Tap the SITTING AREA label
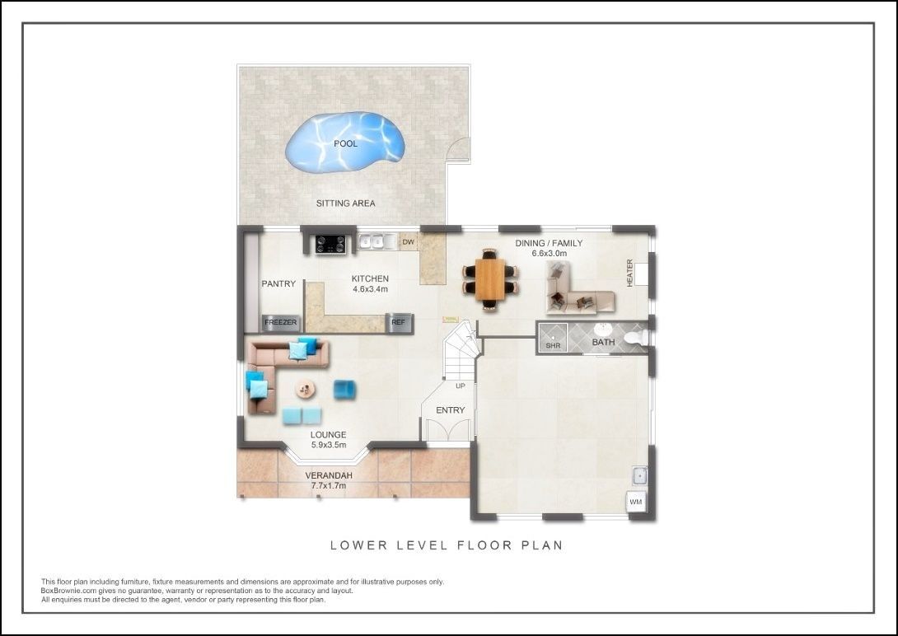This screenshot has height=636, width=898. (x=345, y=203)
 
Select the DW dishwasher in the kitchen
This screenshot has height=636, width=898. (x=407, y=242)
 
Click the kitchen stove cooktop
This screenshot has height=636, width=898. (x=330, y=243)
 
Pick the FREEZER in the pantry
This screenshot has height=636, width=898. (x=280, y=323)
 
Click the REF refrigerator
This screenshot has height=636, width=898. (x=399, y=323)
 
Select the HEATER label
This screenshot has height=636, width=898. (x=630, y=273)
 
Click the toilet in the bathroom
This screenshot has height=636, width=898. (x=635, y=337)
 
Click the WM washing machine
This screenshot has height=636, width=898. (x=635, y=502)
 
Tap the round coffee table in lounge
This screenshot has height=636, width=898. (x=306, y=389)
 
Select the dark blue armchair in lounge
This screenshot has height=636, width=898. (x=344, y=389)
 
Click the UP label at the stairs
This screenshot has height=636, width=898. (x=460, y=386)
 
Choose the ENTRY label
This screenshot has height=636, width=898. (x=450, y=410)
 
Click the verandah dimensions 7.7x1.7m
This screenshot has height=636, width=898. (x=329, y=486)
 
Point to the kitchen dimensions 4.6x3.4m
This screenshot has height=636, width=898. (x=370, y=289)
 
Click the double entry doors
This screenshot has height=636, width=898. (x=446, y=431)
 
